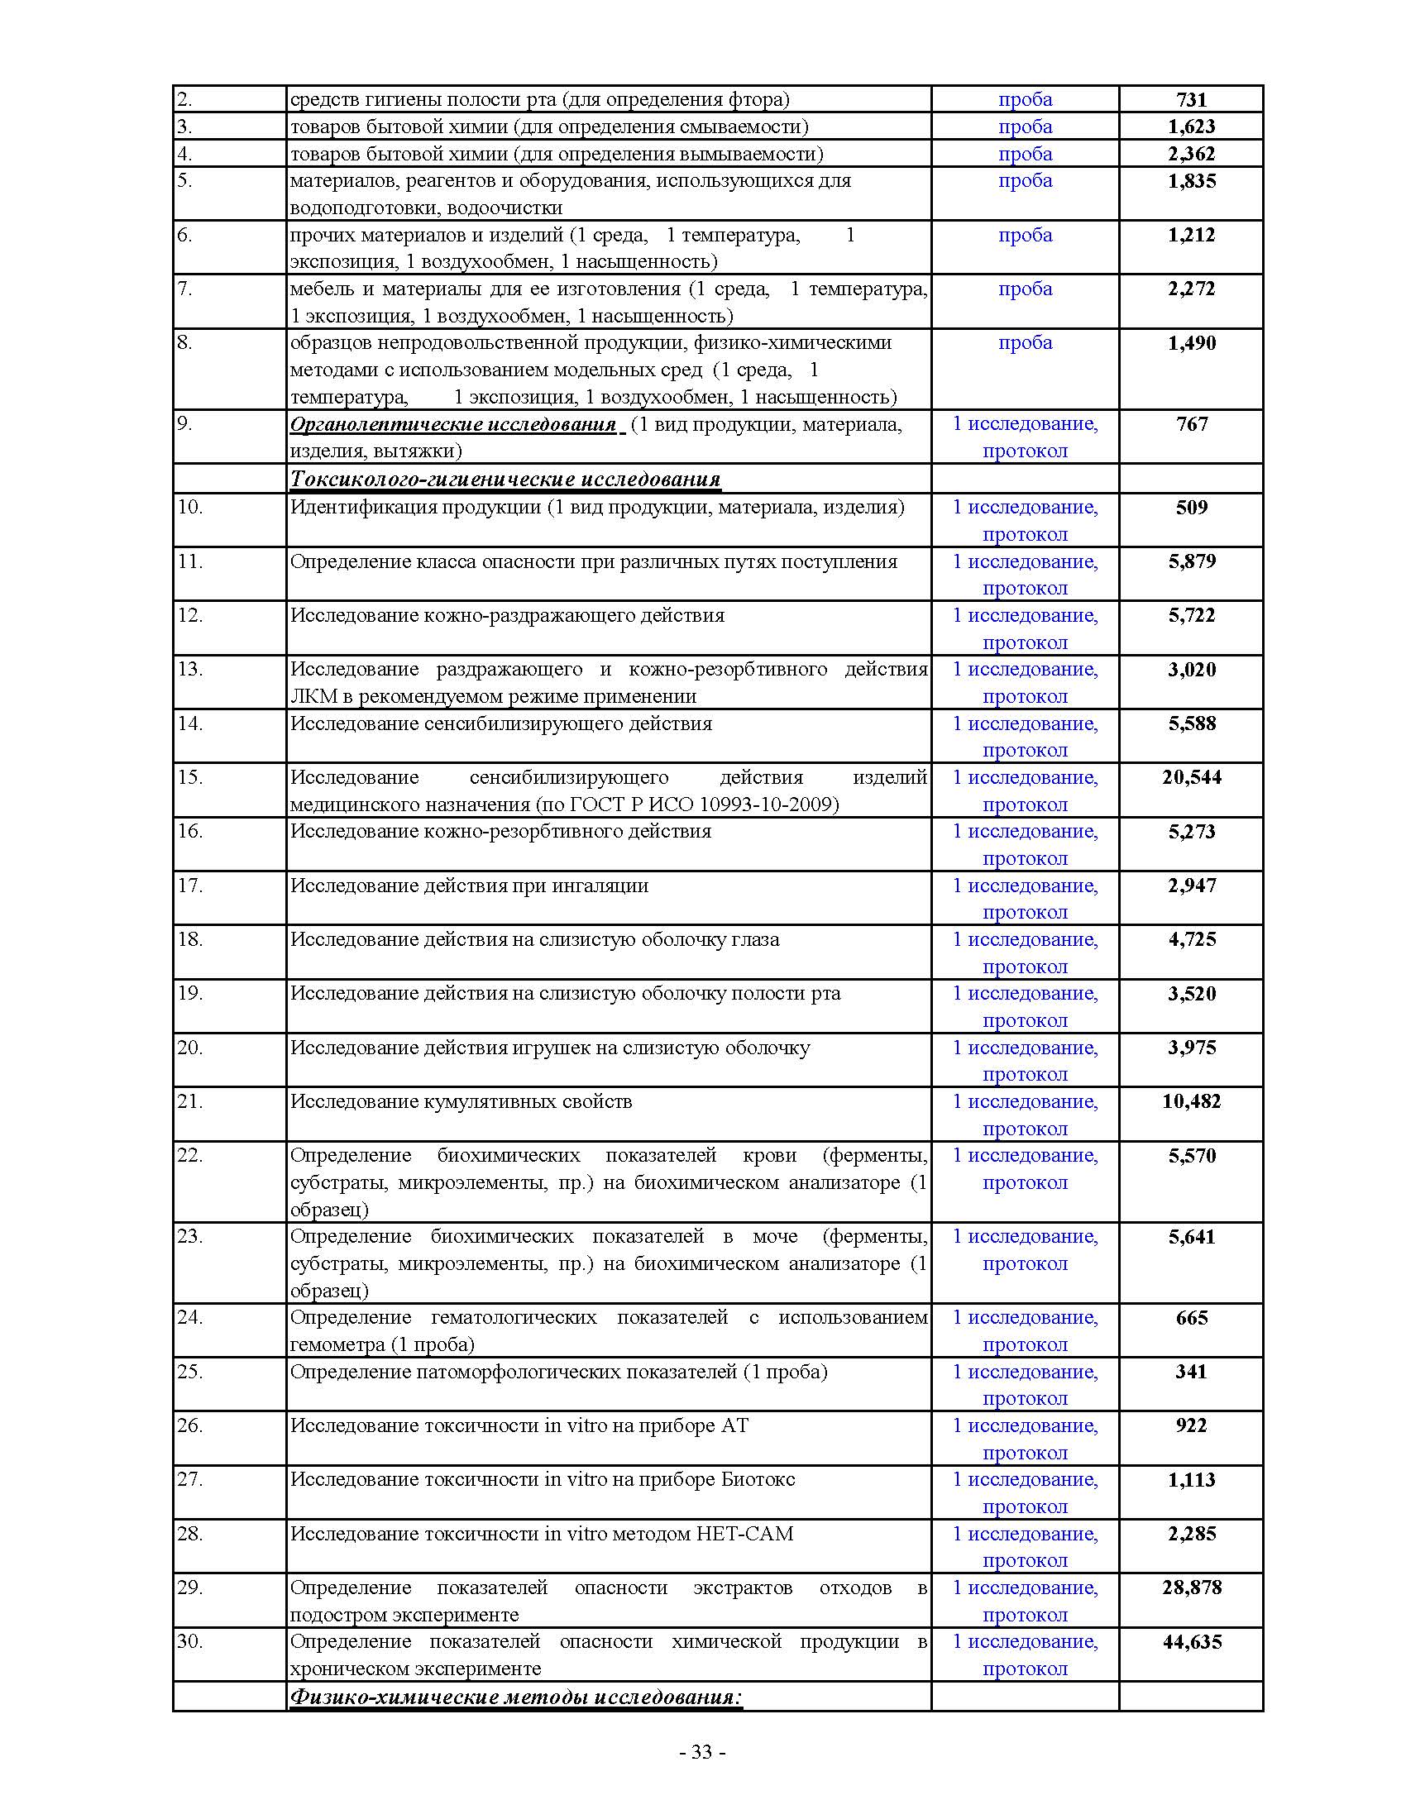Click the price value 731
point(1191,100)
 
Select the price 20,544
point(1191,778)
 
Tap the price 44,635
point(1191,1642)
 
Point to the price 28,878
point(1191,1588)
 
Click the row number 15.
point(190,778)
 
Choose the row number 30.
point(190,1641)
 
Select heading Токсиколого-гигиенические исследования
point(505,480)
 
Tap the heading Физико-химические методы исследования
point(515,1697)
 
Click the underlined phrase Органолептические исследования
point(453,425)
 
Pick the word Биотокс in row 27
point(758,1480)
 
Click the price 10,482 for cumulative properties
point(1191,1102)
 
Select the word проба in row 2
point(1025,100)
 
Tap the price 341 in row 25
point(1191,1372)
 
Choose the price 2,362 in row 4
point(1191,154)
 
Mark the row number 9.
point(184,424)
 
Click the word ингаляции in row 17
point(600,886)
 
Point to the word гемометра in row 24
point(337,1345)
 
